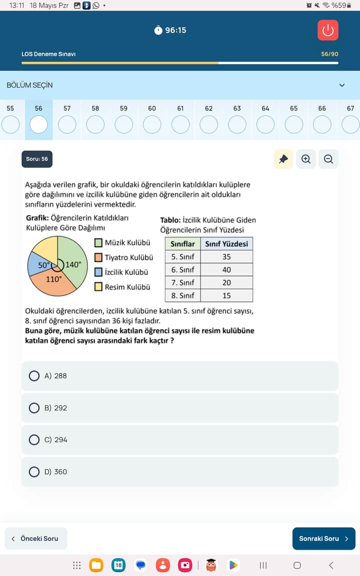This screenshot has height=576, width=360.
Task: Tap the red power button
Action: click(328, 30)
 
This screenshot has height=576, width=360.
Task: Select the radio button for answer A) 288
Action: click(34, 375)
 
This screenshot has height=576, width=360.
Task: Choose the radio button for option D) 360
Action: click(34, 471)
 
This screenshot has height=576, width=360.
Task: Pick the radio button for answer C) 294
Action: click(34, 439)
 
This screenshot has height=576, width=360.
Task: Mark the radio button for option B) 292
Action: click(34, 407)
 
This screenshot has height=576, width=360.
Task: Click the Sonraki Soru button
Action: click(323, 538)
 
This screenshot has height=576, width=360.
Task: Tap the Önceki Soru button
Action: click(36, 538)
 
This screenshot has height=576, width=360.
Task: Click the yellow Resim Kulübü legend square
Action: click(98, 286)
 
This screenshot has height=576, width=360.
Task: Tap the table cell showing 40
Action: click(226, 269)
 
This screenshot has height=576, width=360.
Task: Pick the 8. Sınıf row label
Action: click(182, 295)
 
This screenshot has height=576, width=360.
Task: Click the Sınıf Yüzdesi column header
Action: click(226, 244)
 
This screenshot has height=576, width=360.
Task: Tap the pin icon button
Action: click(283, 159)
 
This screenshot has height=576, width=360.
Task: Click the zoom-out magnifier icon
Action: click(328, 159)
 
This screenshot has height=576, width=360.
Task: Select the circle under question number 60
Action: click(152, 124)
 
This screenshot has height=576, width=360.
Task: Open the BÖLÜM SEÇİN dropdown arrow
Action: click(342, 85)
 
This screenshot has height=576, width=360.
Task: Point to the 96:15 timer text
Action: click(175, 30)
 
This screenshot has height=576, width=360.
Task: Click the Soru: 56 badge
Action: click(37, 159)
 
